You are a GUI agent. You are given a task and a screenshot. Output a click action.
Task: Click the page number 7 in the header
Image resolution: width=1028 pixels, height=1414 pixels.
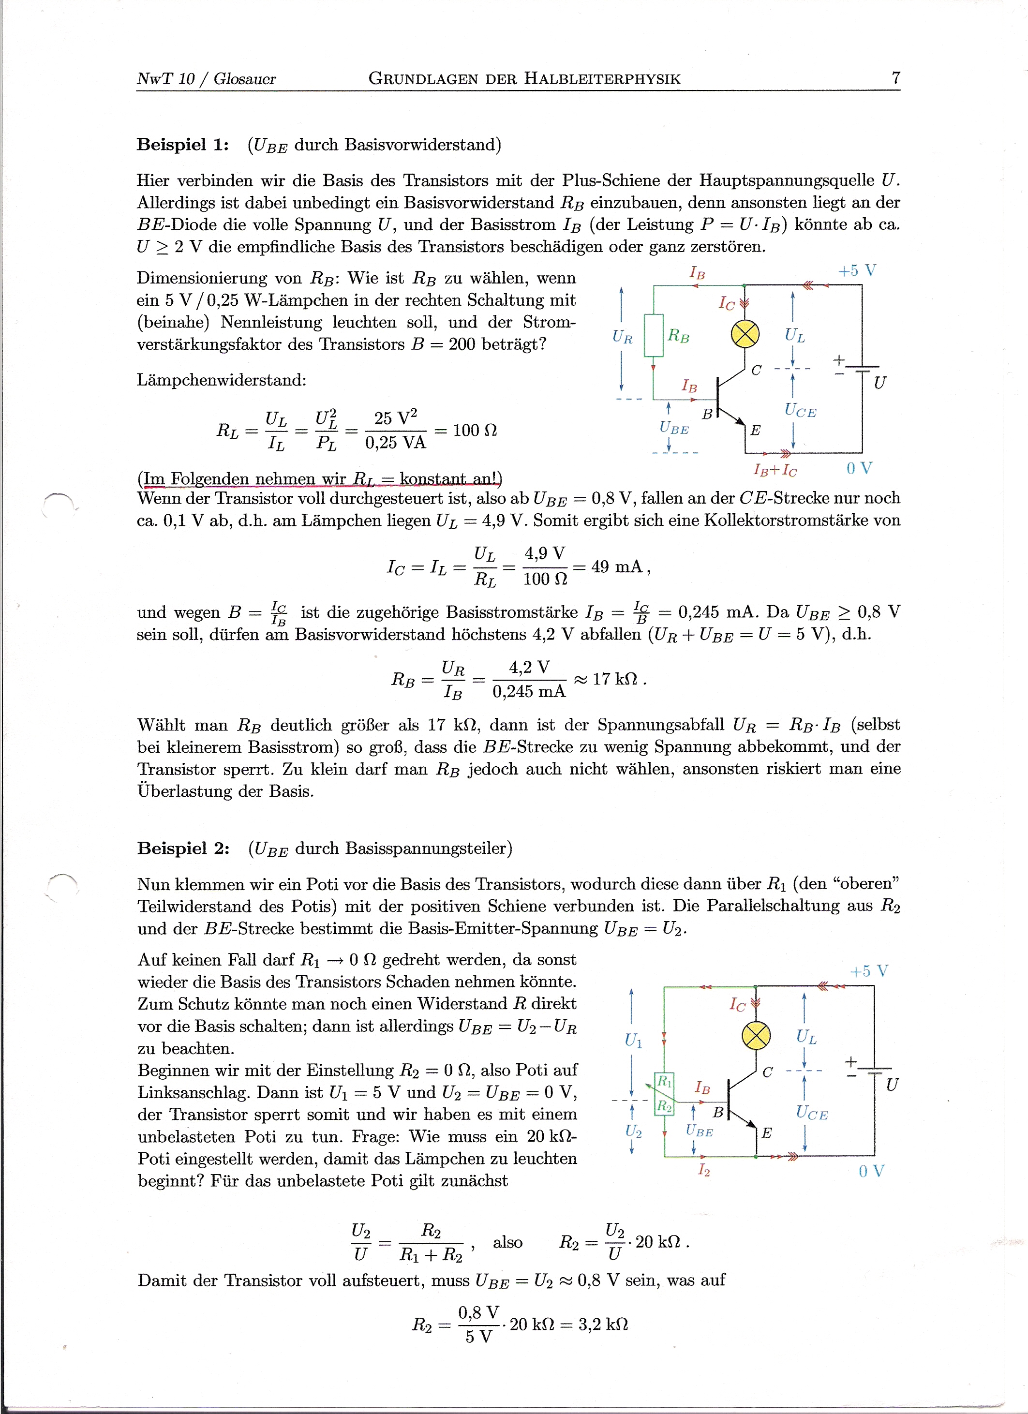[x=896, y=78]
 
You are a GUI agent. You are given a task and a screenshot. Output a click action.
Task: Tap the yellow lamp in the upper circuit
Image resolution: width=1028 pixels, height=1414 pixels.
[x=745, y=334]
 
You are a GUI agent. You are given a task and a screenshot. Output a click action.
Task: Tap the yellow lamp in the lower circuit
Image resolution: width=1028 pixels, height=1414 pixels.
[x=756, y=1036]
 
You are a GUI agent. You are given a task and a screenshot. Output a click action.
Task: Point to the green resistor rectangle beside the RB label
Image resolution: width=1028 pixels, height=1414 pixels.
[x=654, y=335]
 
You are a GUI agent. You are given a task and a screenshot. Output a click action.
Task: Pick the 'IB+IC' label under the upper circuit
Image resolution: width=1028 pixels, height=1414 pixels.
[x=775, y=470]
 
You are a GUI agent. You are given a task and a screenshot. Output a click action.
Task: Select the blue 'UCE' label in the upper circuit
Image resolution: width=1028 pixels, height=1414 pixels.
[x=801, y=410]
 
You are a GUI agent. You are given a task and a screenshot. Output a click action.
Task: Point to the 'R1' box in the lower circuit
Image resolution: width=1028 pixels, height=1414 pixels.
[x=665, y=1080]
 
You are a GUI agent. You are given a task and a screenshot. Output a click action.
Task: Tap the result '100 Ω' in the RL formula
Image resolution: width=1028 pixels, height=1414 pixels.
[x=475, y=430]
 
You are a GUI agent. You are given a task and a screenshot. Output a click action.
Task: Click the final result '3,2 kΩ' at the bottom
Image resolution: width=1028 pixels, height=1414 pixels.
[x=603, y=1324]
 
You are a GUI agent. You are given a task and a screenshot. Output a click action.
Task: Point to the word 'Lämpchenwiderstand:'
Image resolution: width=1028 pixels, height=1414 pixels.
[x=221, y=380]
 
